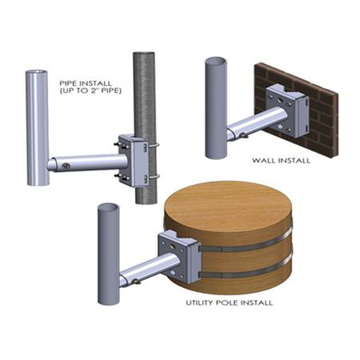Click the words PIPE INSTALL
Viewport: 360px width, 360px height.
coord(86,84)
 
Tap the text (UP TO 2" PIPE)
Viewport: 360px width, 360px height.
coord(90,90)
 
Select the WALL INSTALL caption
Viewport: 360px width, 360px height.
coord(282,161)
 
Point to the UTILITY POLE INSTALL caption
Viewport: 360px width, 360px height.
coord(230,303)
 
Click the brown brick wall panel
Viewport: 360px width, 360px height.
coord(320,112)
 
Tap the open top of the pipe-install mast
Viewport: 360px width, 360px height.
coord(37,73)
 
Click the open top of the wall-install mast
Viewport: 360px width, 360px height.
coord(216,60)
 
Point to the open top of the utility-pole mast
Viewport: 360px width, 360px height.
coord(109,206)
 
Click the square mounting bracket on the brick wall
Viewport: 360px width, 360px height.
coord(287,111)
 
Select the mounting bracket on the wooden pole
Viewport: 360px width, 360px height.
coord(179,257)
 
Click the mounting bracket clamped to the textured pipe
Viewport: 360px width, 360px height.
coord(134,160)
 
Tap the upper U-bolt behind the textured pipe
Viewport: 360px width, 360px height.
coord(154,146)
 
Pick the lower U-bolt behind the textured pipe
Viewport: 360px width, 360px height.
coord(154,176)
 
